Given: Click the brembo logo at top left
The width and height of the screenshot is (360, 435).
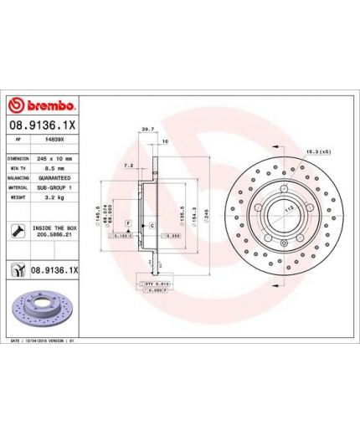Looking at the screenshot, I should tap(42, 105).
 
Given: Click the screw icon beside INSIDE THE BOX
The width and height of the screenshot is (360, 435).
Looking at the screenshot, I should tap(17, 230).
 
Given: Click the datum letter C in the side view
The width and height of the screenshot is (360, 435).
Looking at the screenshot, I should tap(151, 226).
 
